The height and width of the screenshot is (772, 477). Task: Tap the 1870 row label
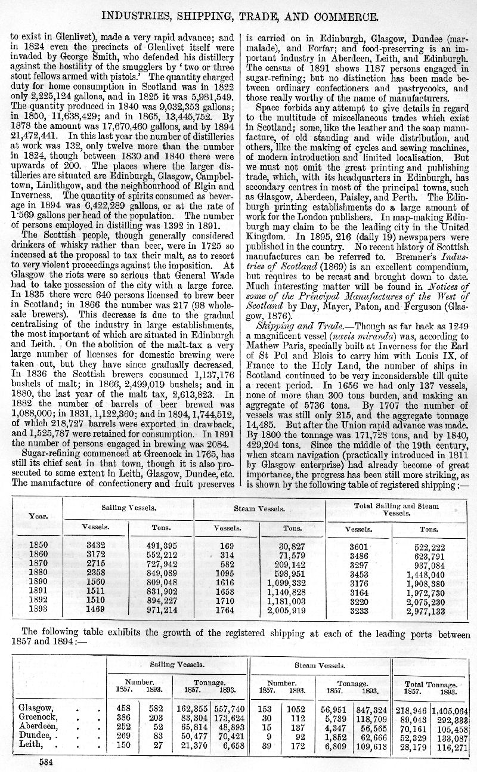tap(38, 564)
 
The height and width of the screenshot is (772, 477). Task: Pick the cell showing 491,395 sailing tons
tap(162, 545)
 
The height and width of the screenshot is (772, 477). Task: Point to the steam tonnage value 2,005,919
tap(287, 610)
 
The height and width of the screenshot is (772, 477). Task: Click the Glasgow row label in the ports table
tap(37, 708)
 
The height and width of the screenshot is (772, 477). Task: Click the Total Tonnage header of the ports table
tap(430, 685)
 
